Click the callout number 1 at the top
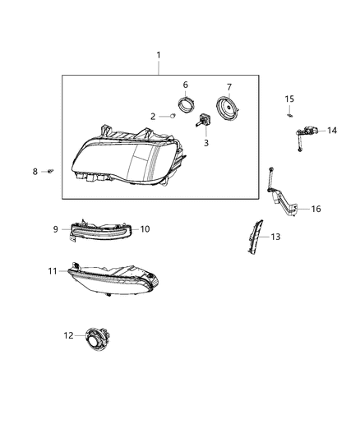tap(159, 55)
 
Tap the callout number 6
tap(186, 85)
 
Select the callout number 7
tap(229, 87)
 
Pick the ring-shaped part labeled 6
tap(187, 104)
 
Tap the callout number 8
tap(35, 171)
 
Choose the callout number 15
tap(289, 99)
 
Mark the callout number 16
tap(316, 209)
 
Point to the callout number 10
tap(145, 228)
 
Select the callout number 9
tap(57, 229)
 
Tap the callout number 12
tap(68, 335)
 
